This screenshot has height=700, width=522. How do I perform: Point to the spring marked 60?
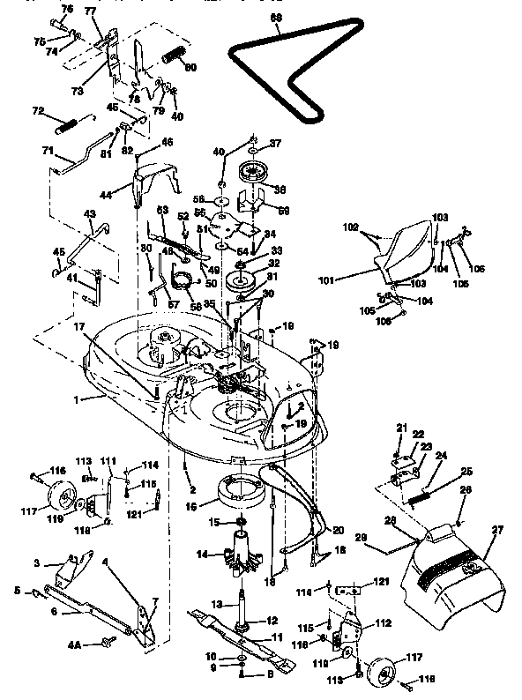[175, 56]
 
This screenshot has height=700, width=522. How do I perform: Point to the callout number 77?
[90, 11]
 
